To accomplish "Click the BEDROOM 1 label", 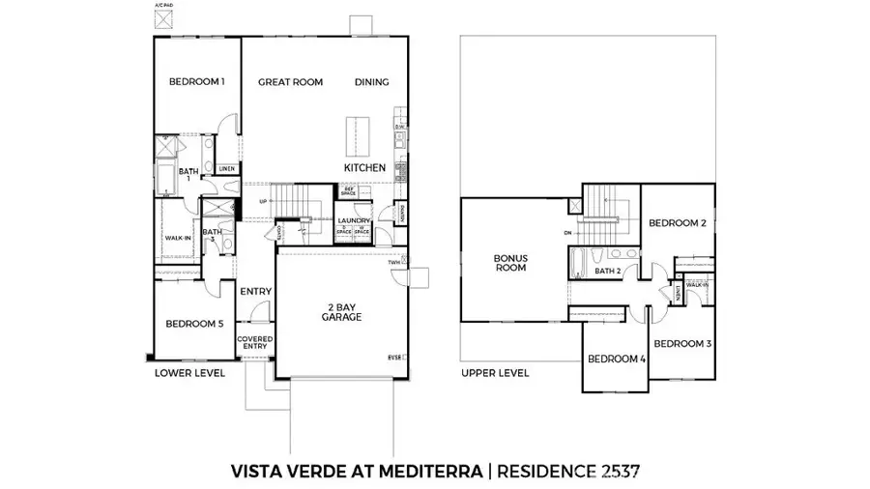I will (x=196, y=82).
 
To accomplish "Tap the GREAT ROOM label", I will (x=290, y=82).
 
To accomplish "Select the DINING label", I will (x=371, y=82).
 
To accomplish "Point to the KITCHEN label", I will (x=364, y=168).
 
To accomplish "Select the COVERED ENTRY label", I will (x=255, y=344).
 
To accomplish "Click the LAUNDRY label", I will (x=355, y=221).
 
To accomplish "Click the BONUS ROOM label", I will (x=509, y=263).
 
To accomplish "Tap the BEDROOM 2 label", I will (x=677, y=223).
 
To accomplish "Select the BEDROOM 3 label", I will (x=681, y=344).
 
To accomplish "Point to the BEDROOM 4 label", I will (x=616, y=360).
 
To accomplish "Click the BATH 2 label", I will (x=607, y=272).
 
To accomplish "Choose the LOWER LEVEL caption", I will (x=190, y=373).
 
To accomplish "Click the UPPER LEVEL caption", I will (x=495, y=373).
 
